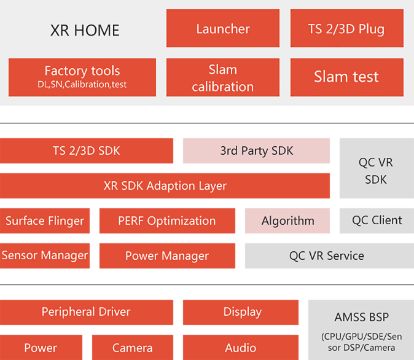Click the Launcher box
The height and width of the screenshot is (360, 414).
point(223,28)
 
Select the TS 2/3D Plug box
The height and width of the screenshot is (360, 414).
point(347,28)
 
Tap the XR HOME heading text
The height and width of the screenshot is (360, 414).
point(85,30)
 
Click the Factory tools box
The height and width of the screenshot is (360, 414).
point(82,77)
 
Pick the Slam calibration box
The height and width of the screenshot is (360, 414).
point(223,77)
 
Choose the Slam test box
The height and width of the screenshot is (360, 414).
point(347,77)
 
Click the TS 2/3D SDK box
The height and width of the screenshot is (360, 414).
point(87,151)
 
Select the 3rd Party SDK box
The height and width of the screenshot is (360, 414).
point(256,151)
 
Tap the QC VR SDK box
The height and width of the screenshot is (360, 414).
point(377,168)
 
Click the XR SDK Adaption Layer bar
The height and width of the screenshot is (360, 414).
point(165,186)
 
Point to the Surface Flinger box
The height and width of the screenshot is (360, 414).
point(45,221)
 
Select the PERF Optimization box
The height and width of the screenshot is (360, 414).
point(167,221)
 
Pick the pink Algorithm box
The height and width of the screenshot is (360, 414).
point(287,221)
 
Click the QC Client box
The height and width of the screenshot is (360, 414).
point(377,221)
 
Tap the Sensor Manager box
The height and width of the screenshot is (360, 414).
point(45,256)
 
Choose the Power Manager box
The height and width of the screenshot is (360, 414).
point(167,256)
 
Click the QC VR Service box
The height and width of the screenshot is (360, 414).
point(329,256)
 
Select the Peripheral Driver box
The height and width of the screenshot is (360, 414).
point(87,312)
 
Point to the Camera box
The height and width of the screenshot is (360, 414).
point(133,347)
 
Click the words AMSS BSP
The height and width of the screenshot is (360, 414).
point(362,317)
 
